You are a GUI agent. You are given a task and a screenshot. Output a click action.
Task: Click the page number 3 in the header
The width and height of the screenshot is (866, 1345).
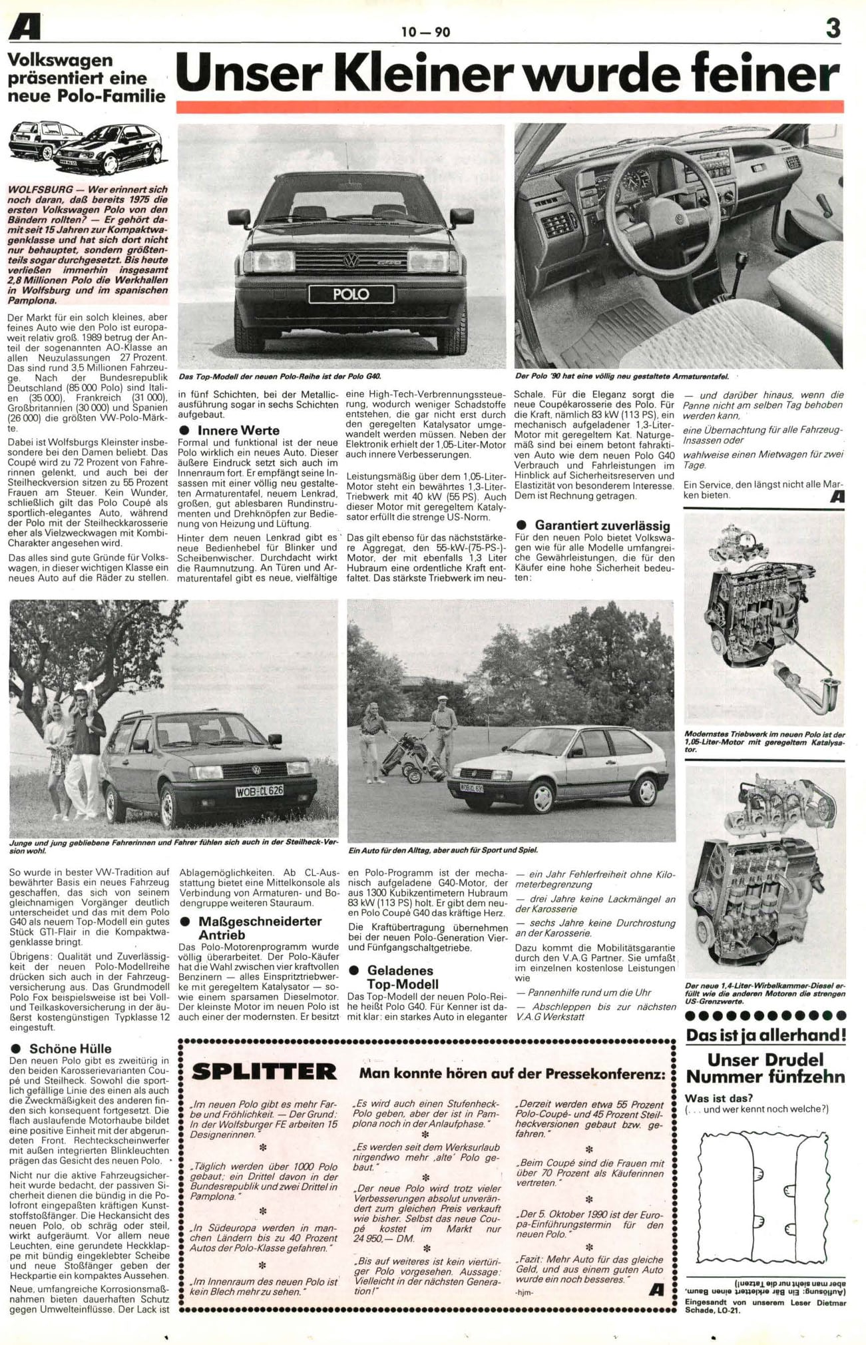(x=833, y=28)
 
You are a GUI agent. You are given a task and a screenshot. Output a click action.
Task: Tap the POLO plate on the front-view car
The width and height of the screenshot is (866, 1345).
(x=351, y=294)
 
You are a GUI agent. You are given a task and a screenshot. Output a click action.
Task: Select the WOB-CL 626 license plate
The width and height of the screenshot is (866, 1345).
(x=260, y=791)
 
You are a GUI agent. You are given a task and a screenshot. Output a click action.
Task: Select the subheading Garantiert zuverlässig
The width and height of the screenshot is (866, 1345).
(x=602, y=525)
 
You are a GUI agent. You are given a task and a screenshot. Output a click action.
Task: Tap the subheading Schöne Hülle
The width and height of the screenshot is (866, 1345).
(x=70, y=1048)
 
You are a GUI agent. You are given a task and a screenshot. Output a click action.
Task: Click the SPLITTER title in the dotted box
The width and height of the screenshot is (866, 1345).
(x=264, y=1072)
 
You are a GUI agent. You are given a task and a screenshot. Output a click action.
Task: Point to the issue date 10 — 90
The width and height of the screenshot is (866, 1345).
(x=425, y=31)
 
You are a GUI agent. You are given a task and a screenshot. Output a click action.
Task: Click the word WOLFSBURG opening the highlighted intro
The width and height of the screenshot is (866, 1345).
(x=41, y=190)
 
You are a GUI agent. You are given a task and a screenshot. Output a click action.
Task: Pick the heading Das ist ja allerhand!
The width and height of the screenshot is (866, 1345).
(x=766, y=1035)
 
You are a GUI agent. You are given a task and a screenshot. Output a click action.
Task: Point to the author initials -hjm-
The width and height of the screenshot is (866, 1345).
(x=525, y=1292)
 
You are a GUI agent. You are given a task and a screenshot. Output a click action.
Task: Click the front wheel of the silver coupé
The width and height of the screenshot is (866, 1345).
(x=542, y=796)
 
